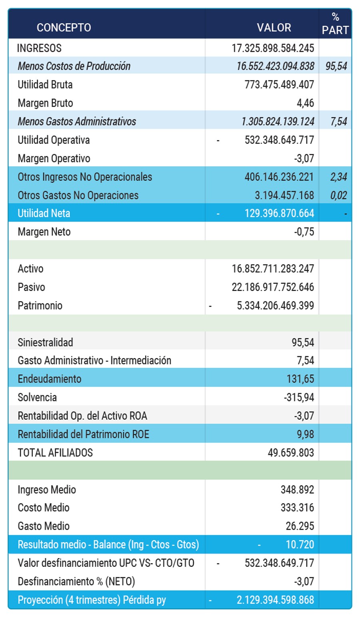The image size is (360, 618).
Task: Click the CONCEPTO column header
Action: tap(64, 28)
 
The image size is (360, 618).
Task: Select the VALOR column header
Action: tap(274, 28)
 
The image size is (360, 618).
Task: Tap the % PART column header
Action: tap(335, 24)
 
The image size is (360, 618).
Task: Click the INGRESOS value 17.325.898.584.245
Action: tap(273, 48)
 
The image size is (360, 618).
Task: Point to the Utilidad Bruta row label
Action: tap(45, 85)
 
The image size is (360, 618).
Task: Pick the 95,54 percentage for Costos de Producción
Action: tap(336, 66)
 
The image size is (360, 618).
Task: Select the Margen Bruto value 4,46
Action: tap(305, 103)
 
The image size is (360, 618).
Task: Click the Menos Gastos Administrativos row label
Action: tap(77, 122)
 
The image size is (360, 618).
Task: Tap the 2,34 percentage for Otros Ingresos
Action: tap(338, 177)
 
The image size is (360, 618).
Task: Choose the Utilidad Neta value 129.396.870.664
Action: tap(279, 213)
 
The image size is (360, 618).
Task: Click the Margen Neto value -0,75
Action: tap(304, 232)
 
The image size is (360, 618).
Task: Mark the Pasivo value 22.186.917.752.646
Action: tap(273, 287)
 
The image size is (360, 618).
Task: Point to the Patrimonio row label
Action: tap(40, 306)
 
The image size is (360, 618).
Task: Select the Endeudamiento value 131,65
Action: tap(300, 379)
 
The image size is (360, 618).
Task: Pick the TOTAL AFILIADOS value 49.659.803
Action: tap(291, 453)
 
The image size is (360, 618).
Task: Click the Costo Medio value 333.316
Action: tap(297, 508)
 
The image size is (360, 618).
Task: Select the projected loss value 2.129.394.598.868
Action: tap(275, 600)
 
